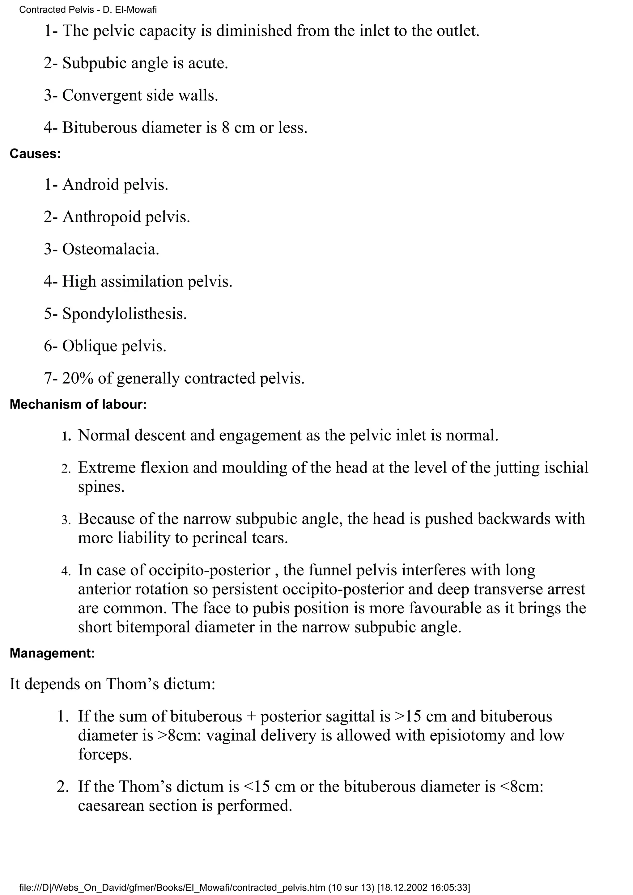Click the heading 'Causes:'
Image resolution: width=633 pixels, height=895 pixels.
(35, 154)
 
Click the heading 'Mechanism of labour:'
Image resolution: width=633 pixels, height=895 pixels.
(78, 405)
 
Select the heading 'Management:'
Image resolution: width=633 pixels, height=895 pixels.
(52, 653)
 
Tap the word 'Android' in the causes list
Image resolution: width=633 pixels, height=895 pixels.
(91, 184)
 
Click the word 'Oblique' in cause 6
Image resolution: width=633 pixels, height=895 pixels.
(90, 346)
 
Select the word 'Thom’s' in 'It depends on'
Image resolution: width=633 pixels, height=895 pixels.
(133, 684)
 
